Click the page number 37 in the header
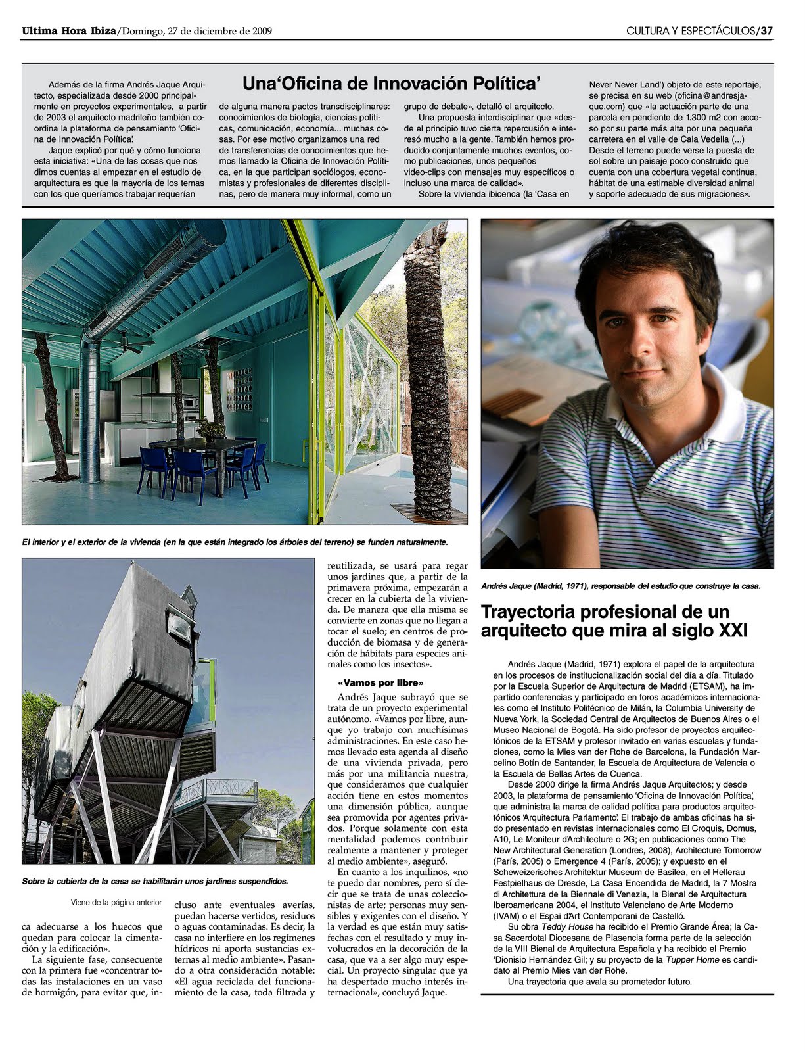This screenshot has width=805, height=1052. coord(766,30)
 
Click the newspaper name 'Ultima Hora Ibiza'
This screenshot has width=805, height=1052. coord(69,30)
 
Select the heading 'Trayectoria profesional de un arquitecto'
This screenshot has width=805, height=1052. coord(614,621)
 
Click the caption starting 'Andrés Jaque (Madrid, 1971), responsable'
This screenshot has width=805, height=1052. coord(620,586)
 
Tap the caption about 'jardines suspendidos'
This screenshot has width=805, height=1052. coord(154,881)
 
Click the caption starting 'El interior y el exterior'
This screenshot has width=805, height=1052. coord(235,542)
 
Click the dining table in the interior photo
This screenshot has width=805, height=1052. coord(200,446)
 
